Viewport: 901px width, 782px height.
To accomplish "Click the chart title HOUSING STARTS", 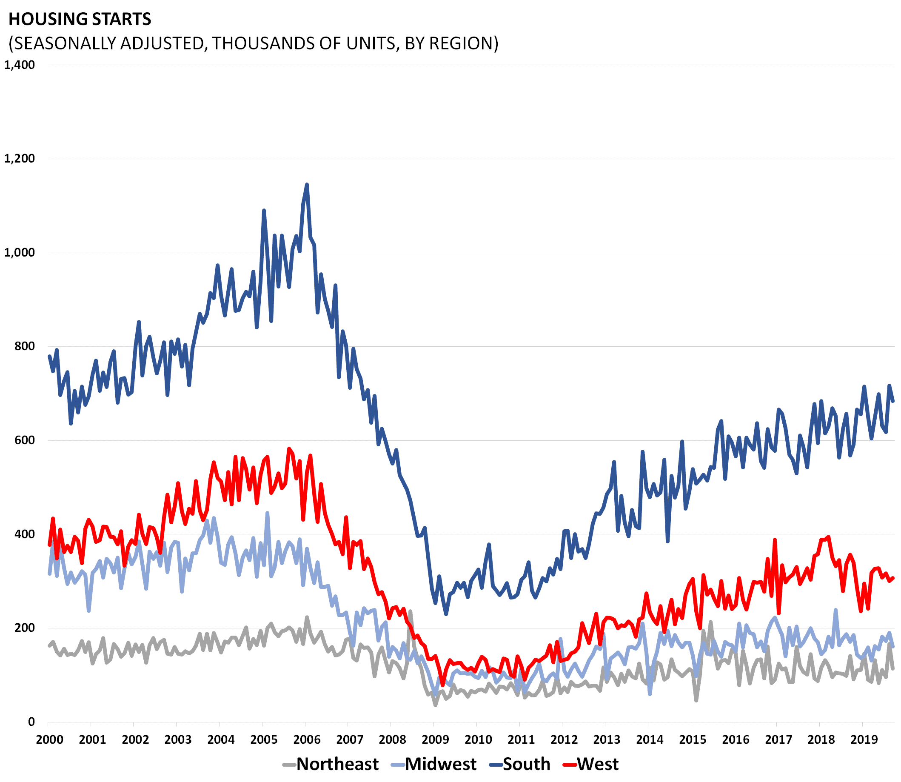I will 80,19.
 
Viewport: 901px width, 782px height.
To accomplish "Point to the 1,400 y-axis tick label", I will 20,65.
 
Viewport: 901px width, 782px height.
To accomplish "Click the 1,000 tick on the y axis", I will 20,252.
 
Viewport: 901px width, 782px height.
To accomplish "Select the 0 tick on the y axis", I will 31,722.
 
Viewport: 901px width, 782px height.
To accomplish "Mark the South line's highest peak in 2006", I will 307,184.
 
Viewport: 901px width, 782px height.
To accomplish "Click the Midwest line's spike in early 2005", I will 267,512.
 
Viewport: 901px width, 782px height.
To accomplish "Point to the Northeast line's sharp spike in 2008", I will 410,611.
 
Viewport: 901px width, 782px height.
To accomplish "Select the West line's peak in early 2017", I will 775,540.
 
